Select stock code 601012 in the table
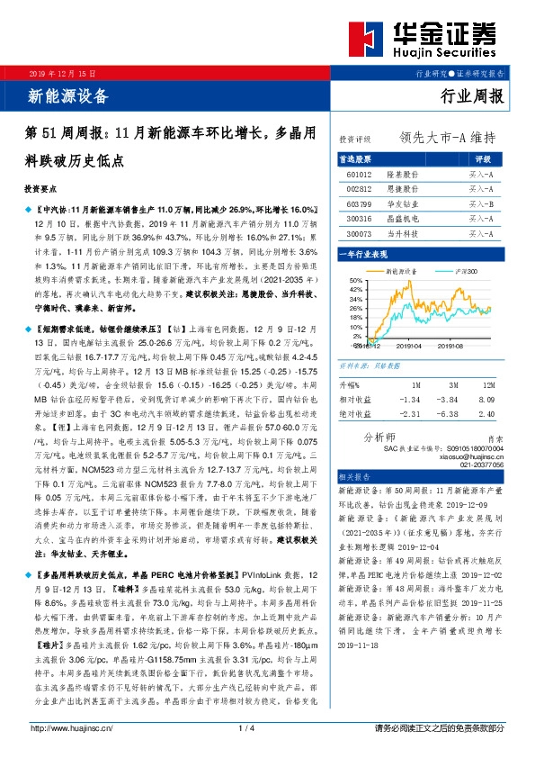point(358,175)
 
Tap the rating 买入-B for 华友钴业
point(480,203)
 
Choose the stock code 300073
point(358,232)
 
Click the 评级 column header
point(480,158)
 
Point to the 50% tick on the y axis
point(344,281)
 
